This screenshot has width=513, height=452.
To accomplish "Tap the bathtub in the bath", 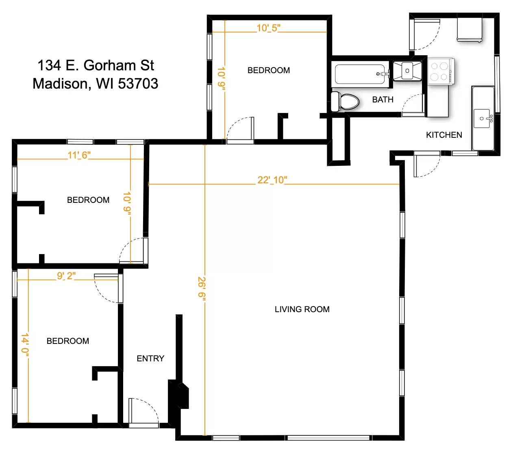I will (x=360, y=74).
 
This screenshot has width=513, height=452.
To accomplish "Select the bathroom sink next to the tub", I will (x=407, y=71).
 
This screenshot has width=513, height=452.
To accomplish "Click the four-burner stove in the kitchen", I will (x=440, y=71).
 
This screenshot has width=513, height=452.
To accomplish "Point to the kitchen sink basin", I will (x=482, y=118).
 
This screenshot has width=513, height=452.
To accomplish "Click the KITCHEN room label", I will (x=444, y=135).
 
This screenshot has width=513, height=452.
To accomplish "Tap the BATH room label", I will (x=383, y=100).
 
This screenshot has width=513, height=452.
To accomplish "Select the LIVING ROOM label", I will (x=302, y=309).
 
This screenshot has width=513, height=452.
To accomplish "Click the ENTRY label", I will (x=150, y=359).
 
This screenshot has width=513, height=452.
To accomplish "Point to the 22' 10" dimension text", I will (x=272, y=180).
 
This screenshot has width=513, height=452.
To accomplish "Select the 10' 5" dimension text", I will (x=268, y=28).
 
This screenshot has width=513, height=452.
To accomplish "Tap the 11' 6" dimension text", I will (x=79, y=155).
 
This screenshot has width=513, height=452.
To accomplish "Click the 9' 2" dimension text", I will (x=66, y=276).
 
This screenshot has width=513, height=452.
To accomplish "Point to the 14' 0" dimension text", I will (x=25, y=345).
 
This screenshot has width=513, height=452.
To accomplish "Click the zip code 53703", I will (x=138, y=84).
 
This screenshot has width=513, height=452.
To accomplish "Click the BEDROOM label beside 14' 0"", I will (x=68, y=341).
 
